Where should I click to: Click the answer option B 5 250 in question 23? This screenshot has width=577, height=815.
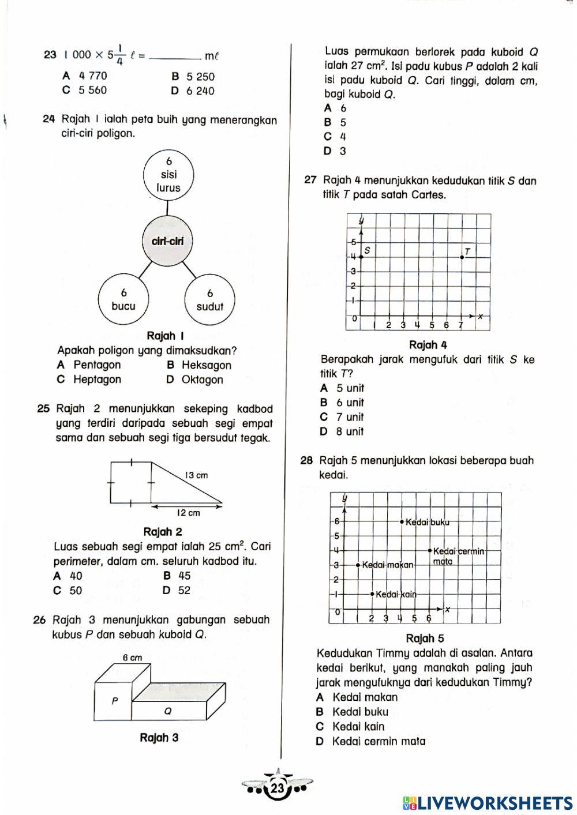[193, 76]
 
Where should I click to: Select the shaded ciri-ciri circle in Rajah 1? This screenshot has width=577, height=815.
[167, 241]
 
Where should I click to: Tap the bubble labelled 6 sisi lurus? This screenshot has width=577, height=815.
[168, 174]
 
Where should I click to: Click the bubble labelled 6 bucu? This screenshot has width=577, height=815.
[123, 299]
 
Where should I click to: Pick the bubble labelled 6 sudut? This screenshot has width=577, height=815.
[209, 300]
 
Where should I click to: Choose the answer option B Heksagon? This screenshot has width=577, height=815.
[199, 365]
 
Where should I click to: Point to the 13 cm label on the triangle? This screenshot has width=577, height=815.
[196, 475]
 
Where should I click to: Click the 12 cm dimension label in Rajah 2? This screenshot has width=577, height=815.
[188, 513]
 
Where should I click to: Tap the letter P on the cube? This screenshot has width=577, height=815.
[114, 701]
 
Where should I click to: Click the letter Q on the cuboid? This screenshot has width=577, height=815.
[167, 711]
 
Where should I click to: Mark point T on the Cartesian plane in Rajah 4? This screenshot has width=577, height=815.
[462, 257]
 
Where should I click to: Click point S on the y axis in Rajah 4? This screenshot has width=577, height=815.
[361, 257]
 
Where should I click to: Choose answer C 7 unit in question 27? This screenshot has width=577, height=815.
[342, 417]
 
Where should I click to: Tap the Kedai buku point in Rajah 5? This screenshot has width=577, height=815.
[402, 522]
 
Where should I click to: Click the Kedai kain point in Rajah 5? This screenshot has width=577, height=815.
[373, 594]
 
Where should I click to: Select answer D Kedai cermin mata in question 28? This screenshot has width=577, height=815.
[371, 742]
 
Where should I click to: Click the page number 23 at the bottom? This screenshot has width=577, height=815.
[278, 788]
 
